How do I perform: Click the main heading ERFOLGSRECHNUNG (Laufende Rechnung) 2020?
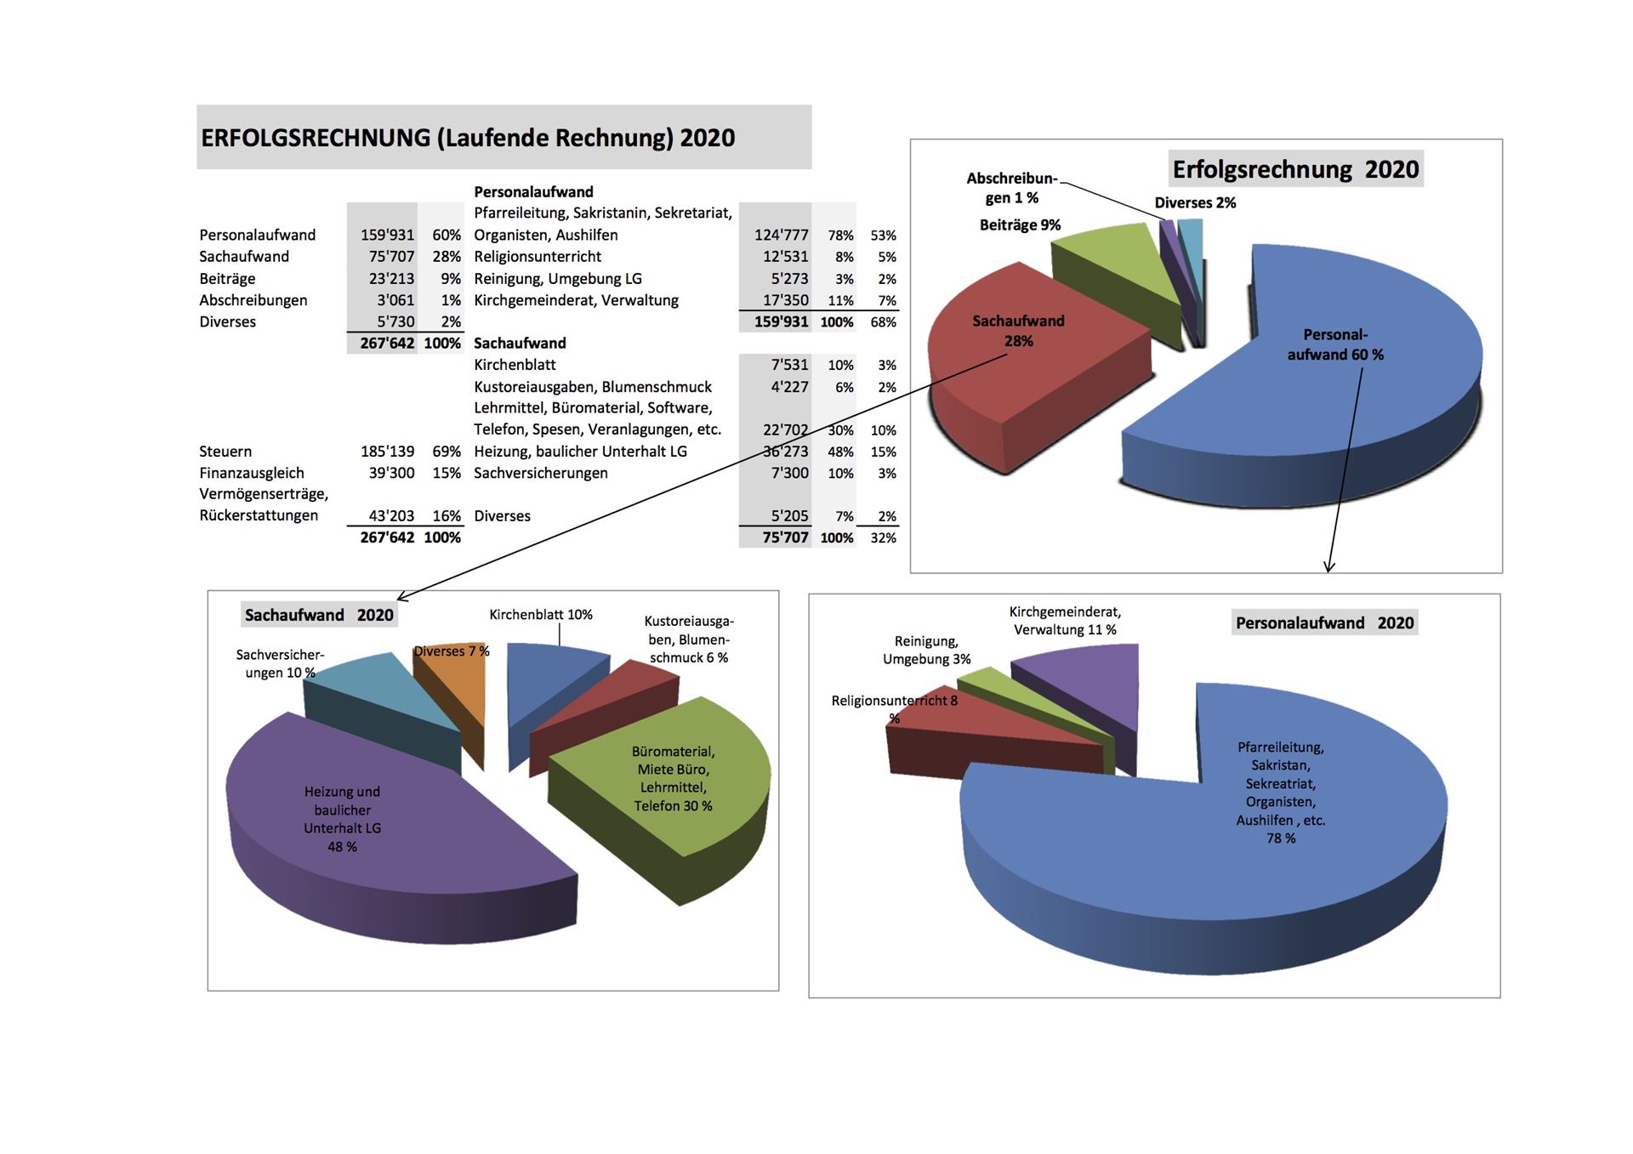point(468,138)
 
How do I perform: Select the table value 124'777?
point(781,236)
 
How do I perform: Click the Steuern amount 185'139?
point(387,452)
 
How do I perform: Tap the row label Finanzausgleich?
point(252,473)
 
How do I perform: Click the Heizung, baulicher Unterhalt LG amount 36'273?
point(785,452)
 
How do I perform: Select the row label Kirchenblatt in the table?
point(515,365)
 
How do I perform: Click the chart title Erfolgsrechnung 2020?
point(1295,169)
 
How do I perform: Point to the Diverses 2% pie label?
point(1195,203)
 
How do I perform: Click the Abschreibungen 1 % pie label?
point(1012,188)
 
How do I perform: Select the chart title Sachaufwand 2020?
point(319,615)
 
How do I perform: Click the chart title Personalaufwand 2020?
point(1324,622)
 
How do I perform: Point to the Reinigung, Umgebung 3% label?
point(926,651)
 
